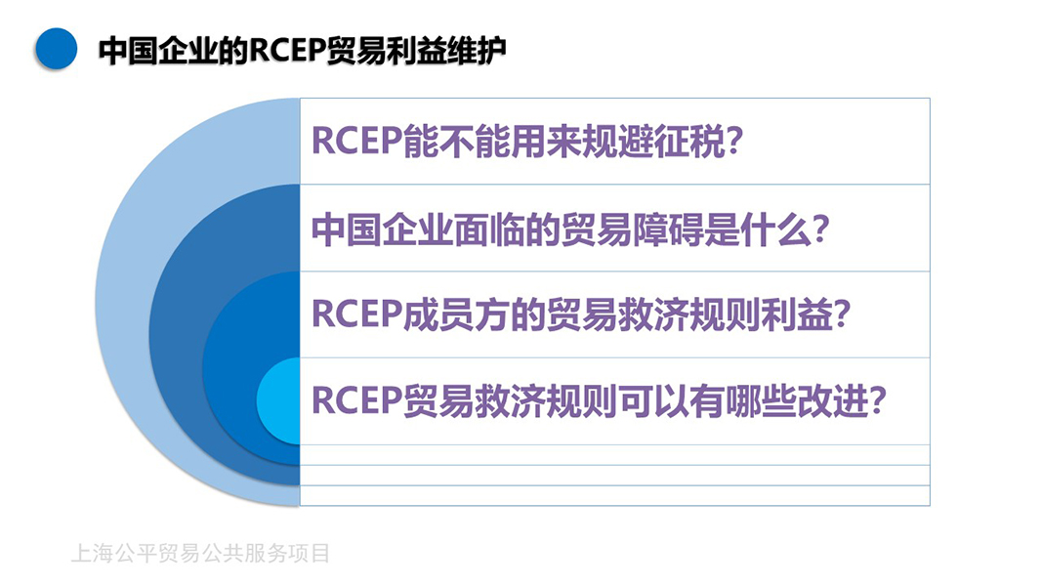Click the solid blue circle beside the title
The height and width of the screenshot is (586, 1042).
pyautogui.click(x=56, y=49)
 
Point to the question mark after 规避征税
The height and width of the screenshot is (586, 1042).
pyautogui.click(x=733, y=142)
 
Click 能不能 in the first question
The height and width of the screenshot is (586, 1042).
pyautogui.click(x=456, y=142)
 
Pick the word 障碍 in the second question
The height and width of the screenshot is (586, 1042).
pyautogui.click(x=668, y=230)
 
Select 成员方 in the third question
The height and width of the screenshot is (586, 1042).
pyautogui.click(x=456, y=314)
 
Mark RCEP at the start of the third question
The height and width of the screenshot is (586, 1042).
pyautogui.click(x=356, y=314)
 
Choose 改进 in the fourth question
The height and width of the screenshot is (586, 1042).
pyautogui.click(x=833, y=400)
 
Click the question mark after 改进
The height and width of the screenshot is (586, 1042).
pyautogui.click(x=878, y=400)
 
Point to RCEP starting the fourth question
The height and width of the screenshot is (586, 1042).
pyautogui.click(x=356, y=400)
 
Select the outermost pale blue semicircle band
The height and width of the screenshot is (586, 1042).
pyautogui.click(x=123, y=303)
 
